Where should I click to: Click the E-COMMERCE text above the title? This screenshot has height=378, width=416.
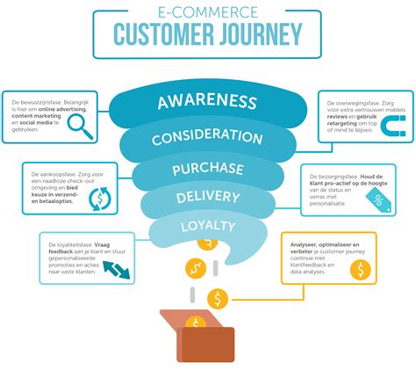pyautogui.click(x=207, y=11)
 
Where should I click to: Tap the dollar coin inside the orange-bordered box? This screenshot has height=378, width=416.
pyautogui.click(x=360, y=268)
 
